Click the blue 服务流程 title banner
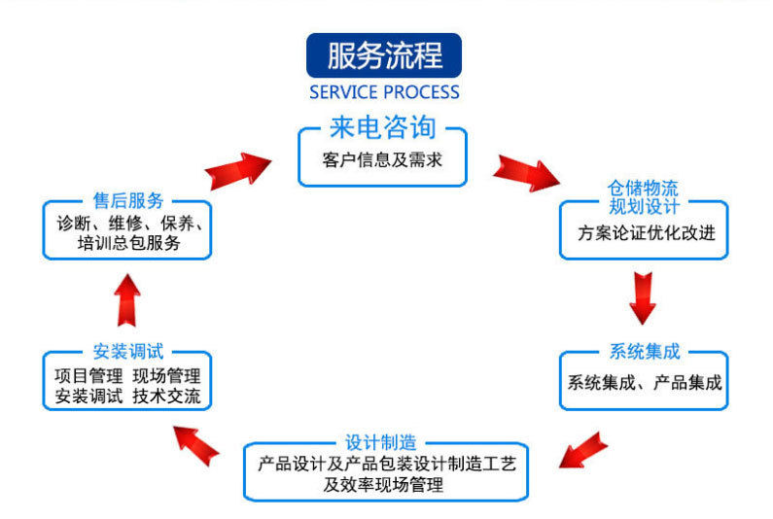[383, 56]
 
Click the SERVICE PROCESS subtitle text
[384, 93]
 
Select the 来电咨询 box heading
[382, 129]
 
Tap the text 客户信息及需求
[382, 159]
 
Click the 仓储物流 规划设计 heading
[643, 197]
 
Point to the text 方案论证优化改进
[644, 234]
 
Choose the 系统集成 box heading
[644, 351]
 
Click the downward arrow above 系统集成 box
[642, 295]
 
